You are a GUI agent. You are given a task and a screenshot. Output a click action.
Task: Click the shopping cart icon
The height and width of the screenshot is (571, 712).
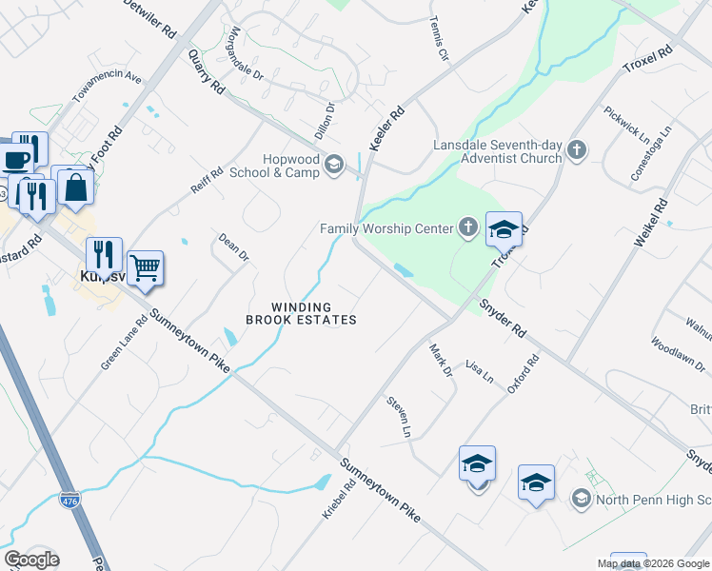(145, 268)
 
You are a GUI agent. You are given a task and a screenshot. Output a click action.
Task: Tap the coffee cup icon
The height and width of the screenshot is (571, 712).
(16, 158)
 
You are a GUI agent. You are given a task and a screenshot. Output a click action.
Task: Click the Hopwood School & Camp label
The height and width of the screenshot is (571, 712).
(276, 166)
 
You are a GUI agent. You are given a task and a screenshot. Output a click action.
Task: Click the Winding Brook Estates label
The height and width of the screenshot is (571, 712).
(301, 313)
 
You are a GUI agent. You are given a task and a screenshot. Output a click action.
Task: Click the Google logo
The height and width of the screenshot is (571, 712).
(31, 560)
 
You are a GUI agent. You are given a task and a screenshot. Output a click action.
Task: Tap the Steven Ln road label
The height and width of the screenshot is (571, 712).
(399, 418)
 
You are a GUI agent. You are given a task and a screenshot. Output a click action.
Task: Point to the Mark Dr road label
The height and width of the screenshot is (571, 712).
(440, 361)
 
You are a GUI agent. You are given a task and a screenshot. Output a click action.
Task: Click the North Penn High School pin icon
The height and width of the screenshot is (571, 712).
(581, 499)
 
